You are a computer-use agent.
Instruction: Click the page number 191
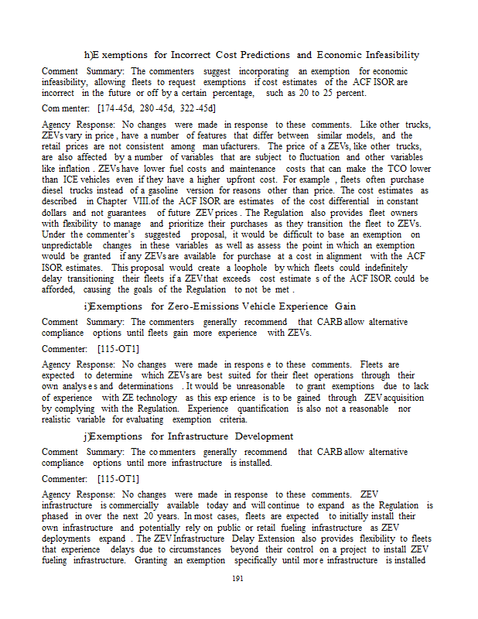click(239, 577)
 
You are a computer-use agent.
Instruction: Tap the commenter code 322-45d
click(195, 108)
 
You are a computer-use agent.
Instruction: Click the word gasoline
click(161, 188)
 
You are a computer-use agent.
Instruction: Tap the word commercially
click(139, 504)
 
